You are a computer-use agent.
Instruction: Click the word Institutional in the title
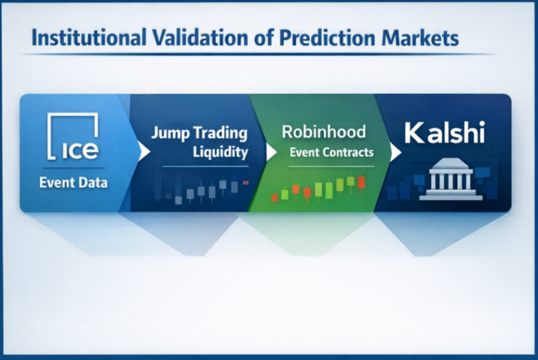[89, 37]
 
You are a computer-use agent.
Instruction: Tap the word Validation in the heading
[200, 37]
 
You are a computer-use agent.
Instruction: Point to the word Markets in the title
[420, 37]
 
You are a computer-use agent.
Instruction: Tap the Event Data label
[73, 182]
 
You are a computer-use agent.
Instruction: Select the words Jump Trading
[199, 133]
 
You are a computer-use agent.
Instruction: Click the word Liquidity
[220, 152]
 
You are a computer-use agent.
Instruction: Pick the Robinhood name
[324, 132]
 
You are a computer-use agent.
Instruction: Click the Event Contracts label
[332, 152]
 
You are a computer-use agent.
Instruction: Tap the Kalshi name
[444, 133]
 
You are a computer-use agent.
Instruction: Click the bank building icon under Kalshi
[451, 179]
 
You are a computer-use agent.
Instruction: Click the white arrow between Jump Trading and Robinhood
[271, 152]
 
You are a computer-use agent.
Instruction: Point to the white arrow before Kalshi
[395, 152]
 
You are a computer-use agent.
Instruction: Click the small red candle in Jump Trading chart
[246, 183]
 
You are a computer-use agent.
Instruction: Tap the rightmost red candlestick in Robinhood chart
[361, 182]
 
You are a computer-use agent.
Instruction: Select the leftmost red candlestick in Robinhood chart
[274, 197]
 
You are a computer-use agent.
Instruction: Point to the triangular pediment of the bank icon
[450, 164]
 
